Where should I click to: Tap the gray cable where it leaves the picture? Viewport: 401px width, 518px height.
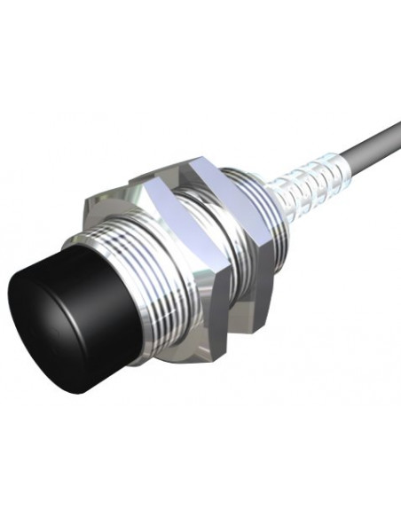[x=396, y=125]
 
